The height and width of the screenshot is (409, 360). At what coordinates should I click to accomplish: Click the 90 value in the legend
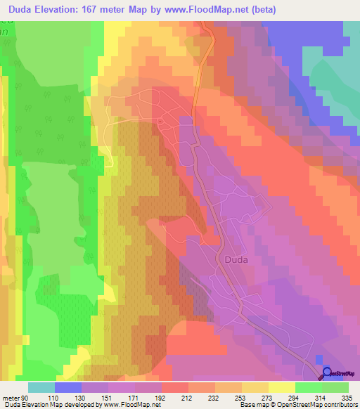click(x=26, y=398)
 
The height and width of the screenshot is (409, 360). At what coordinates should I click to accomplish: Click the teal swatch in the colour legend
click(x=41, y=387)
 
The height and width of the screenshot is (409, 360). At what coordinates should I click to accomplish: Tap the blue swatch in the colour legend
click(x=68, y=387)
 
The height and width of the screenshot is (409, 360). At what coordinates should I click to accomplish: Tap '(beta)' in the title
click(x=262, y=10)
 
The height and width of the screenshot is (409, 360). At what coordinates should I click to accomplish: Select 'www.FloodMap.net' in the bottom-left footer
click(x=132, y=405)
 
